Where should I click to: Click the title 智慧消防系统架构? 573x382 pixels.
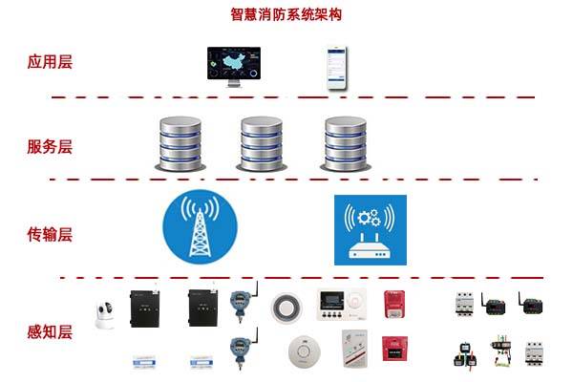click(x=286, y=14)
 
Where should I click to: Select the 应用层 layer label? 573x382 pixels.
click(x=50, y=63)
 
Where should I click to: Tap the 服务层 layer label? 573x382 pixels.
click(x=50, y=147)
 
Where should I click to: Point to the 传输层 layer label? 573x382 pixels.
click(x=50, y=234)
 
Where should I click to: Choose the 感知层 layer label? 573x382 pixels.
click(x=50, y=332)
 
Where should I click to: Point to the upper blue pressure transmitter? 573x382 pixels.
click(x=239, y=303)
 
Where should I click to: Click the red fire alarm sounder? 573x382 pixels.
click(x=393, y=305)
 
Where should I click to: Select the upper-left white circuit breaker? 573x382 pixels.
click(x=465, y=305)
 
